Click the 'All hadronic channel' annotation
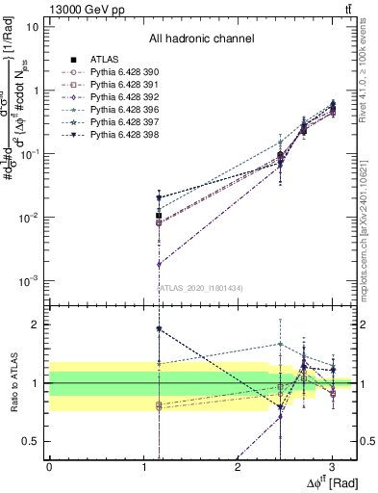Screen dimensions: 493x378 (201, 39)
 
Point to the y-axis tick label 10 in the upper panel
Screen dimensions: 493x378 (32, 26)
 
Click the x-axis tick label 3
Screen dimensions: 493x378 (331, 467)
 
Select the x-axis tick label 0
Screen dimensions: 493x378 (49, 467)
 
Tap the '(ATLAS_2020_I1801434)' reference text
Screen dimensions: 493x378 (201, 288)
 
